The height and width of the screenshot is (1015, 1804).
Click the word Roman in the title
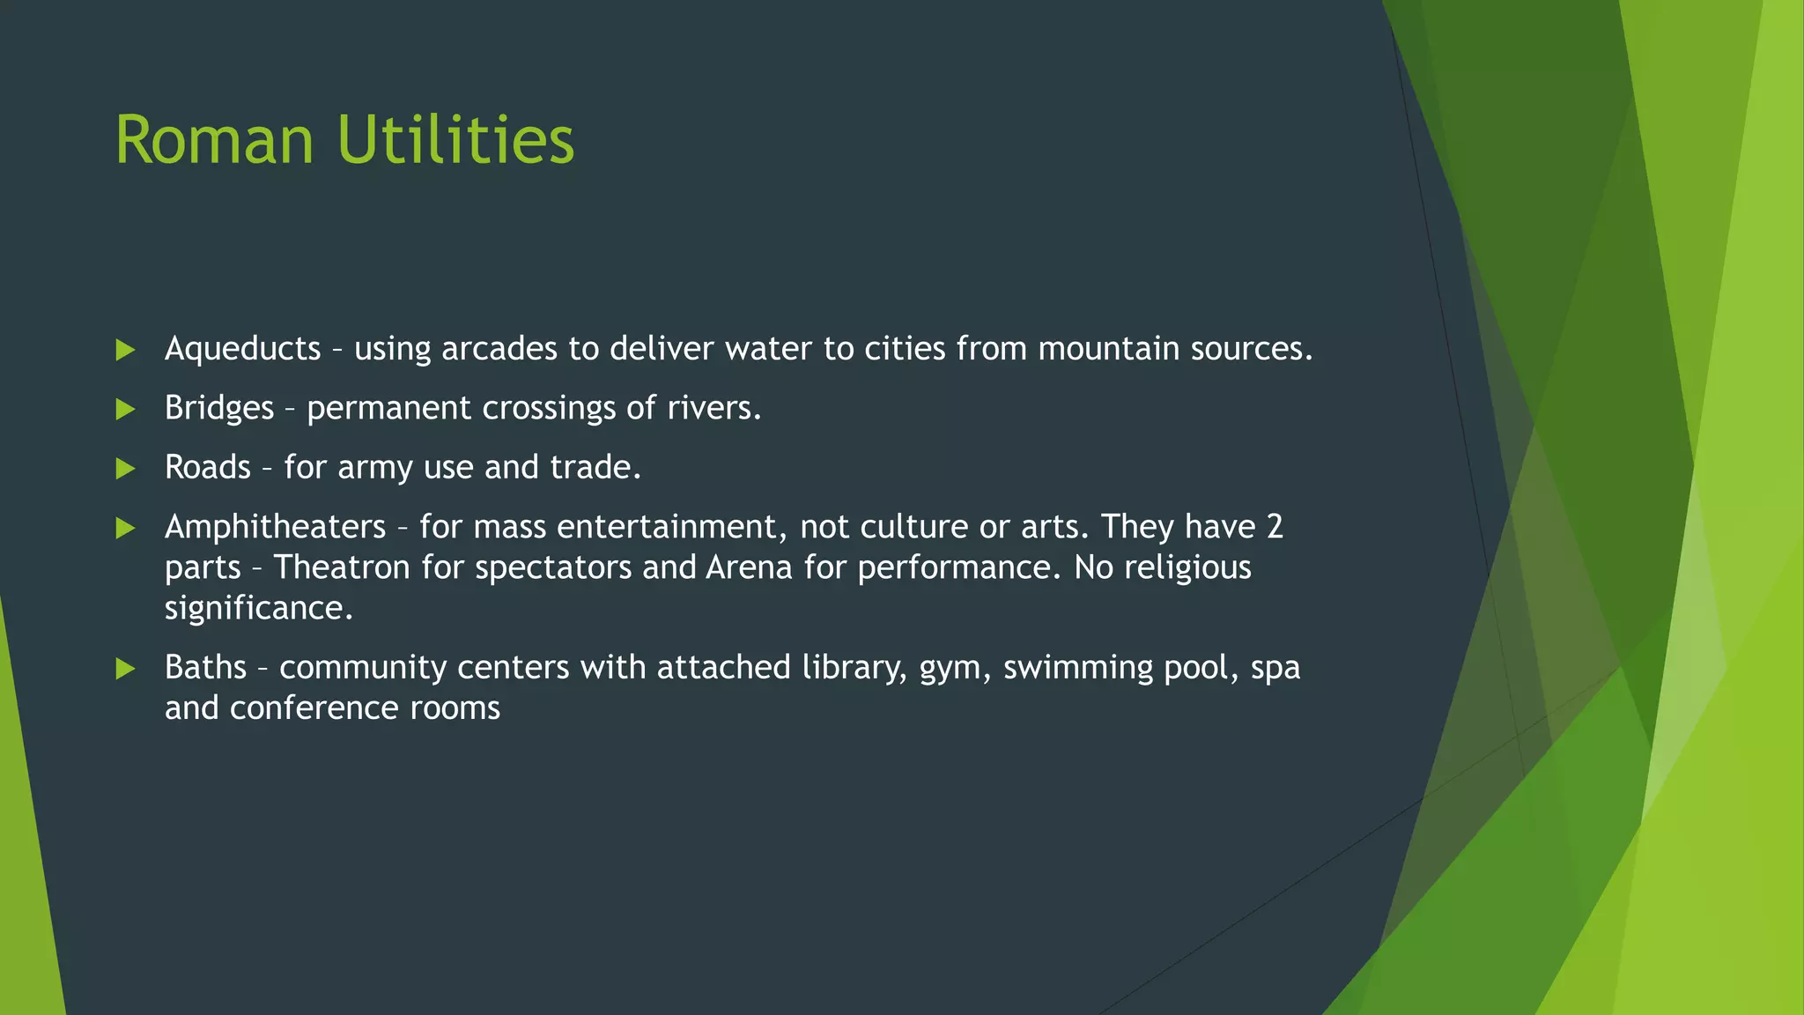[214, 140]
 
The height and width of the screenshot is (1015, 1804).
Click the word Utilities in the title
[455, 140]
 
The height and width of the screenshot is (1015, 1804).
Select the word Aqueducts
[242, 349]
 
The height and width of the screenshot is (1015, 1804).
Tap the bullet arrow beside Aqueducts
[125, 350]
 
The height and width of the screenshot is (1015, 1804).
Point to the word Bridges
[219, 408]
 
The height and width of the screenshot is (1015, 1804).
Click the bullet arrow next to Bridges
[125, 409]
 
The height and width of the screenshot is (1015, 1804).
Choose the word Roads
[208, 467]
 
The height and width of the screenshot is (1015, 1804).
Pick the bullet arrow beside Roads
[125, 468]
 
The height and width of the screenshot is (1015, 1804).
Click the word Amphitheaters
[275, 527]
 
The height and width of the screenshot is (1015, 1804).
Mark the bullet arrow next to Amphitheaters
[125, 528]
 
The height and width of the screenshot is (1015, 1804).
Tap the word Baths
[205, 667]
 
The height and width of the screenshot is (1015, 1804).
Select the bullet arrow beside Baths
[125, 669]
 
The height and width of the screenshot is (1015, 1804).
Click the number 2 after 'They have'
[1275, 527]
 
